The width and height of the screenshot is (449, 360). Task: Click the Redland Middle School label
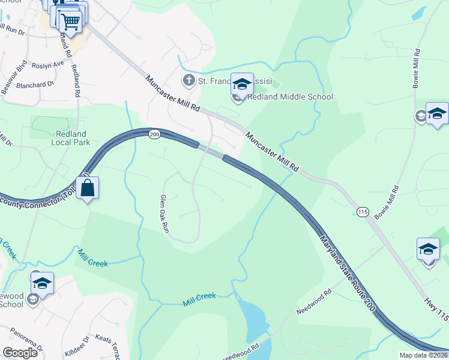point(290,97)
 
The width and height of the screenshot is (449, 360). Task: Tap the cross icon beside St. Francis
point(188,80)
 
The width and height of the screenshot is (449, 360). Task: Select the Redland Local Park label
point(71,137)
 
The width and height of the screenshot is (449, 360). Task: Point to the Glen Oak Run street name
point(165,214)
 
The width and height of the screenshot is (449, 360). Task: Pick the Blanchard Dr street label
point(35,85)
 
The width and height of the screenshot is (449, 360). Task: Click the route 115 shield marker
point(362,212)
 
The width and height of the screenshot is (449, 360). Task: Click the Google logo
point(20,353)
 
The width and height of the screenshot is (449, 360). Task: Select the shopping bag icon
point(88,187)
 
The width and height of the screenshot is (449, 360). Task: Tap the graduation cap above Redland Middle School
point(243,84)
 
